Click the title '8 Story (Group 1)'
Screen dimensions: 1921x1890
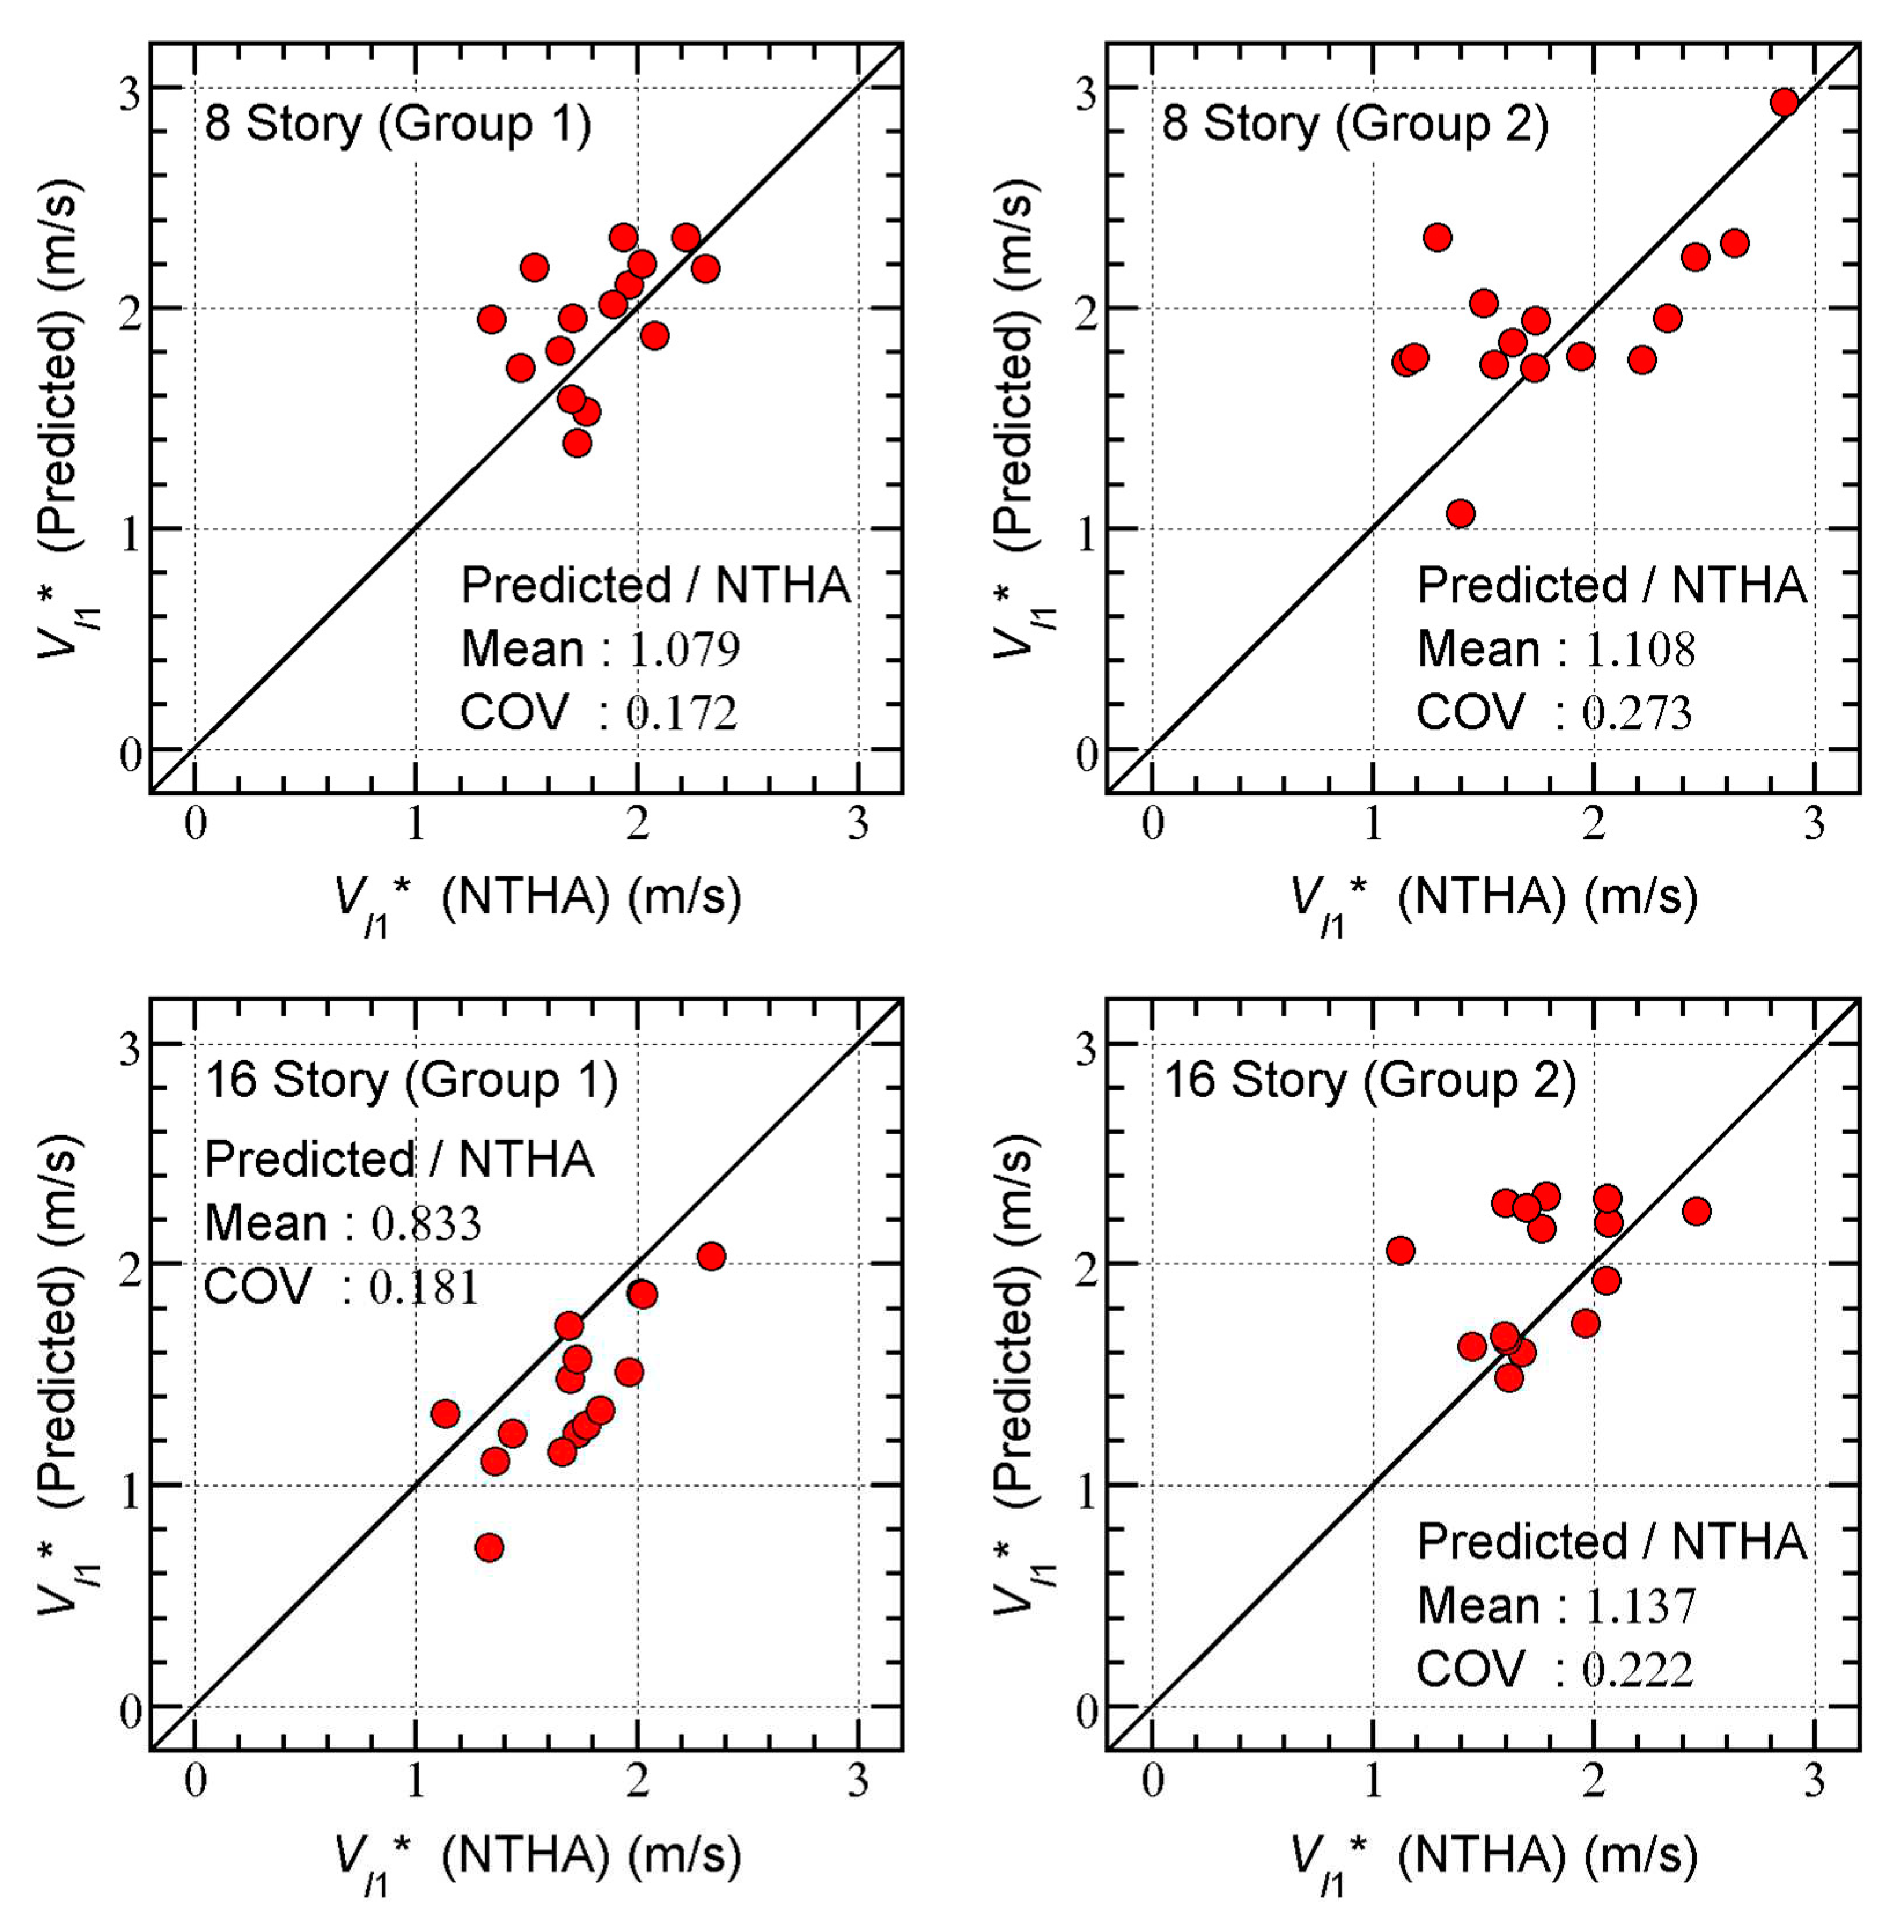point(397,125)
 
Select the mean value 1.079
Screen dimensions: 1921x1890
point(684,649)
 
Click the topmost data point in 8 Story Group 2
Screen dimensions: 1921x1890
point(1784,102)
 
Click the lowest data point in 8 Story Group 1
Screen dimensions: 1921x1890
point(577,443)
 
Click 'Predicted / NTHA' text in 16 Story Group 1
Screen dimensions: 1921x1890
point(399,1160)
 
